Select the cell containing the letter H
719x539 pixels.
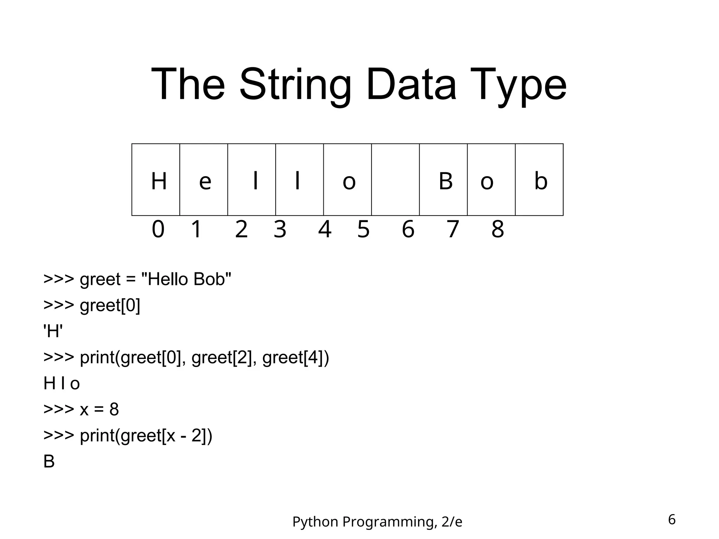pos(156,180)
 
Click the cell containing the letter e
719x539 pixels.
pos(204,180)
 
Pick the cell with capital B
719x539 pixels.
pos(443,180)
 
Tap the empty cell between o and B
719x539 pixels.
pos(395,180)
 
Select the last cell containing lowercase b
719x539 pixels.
pos(539,180)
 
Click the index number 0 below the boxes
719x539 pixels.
pos(158,229)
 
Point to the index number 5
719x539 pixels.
pos(363,229)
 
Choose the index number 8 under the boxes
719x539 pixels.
pos(497,229)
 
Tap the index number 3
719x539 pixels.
pos(280,229)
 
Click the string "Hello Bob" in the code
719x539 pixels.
pos(186,279)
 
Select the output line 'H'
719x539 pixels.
pos(53,331)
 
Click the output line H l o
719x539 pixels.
pos(61,383)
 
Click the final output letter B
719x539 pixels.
pos(49,461)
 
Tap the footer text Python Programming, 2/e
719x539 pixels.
pos(377,522)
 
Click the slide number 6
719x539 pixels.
pos(672,519)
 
